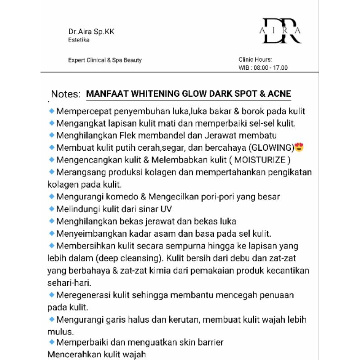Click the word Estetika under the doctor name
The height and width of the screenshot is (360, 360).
[x=79, y=40]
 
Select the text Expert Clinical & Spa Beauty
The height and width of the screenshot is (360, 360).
[x=105, y=60]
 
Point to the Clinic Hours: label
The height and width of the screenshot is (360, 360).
[x=255, y=59]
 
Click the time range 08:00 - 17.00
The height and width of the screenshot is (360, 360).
[x=270, y=67]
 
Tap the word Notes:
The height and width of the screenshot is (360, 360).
[x=66, y=94]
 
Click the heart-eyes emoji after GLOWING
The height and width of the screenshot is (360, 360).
[x=299, y=147]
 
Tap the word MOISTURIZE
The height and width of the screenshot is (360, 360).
[x=260, y=160]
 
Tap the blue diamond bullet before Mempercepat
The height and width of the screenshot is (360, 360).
[x=52, y=111]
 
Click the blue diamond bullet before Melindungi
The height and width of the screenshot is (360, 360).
[x=52, y=208]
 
